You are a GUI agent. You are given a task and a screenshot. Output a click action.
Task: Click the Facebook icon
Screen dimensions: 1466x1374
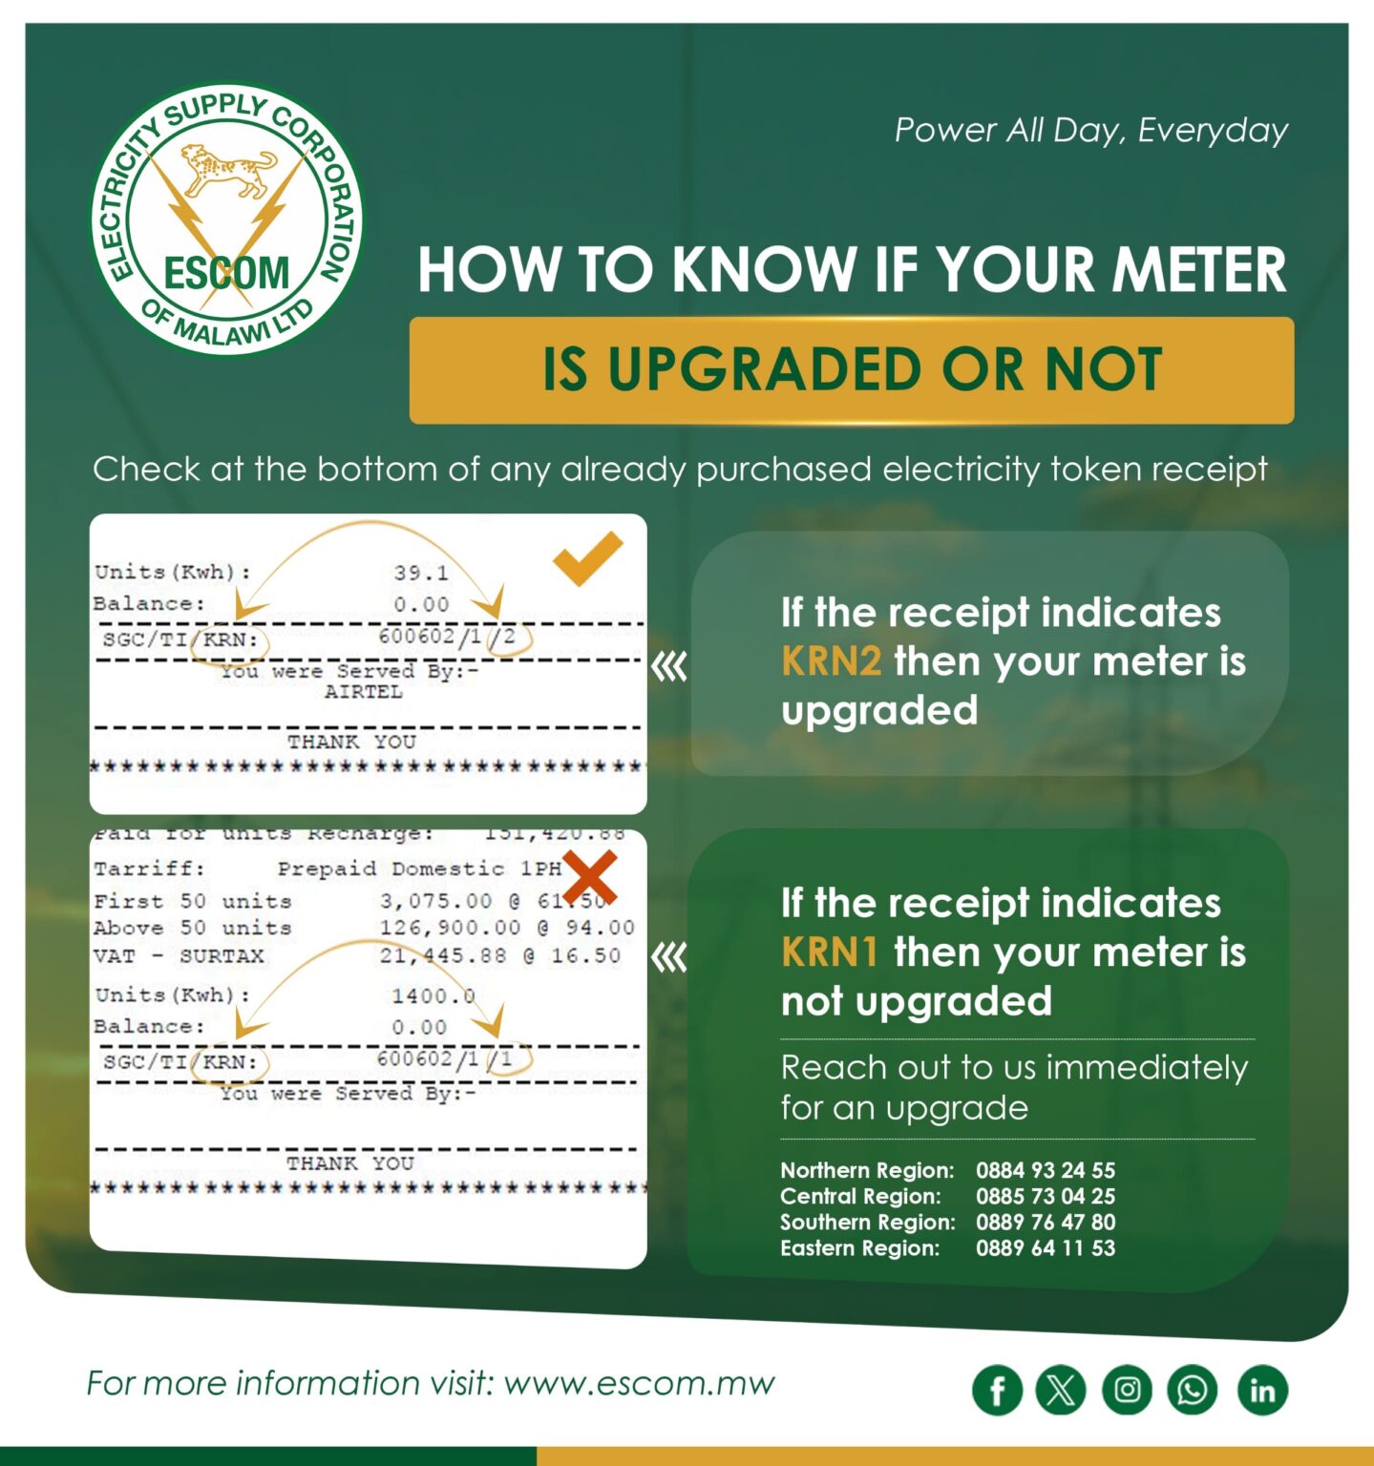tap(997, 1390)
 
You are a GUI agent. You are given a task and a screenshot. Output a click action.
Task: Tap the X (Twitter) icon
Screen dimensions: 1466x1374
tap(1061, 1390)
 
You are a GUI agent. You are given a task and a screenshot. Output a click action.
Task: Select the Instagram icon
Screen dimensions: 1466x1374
tap(1127, 1390)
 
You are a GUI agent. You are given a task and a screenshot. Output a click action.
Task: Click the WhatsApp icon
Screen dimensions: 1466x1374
tap(1192, 1390)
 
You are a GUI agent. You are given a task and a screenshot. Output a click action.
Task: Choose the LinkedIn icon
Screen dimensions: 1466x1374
tap(1262, 1390)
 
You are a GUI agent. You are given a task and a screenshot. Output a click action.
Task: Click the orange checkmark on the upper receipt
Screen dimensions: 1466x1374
tap(586, 557)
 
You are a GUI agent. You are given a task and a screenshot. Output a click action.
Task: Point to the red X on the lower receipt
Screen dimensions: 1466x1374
tap(589, 876)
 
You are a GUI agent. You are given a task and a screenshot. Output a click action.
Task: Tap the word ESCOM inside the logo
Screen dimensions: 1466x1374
tap(226, 273)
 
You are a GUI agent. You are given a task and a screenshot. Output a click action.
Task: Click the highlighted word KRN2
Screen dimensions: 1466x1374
tap(831, 660)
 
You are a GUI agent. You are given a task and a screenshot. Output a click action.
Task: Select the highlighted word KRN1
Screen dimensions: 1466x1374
tap(829, 952)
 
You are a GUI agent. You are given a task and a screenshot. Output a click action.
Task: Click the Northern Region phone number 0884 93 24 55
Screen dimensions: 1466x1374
tap(1045, 1170)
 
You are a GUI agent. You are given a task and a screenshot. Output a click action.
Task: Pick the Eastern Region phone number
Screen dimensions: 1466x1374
tap(1045, 1247)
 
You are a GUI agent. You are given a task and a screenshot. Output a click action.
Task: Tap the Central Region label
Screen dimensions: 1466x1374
tap(859, 1196)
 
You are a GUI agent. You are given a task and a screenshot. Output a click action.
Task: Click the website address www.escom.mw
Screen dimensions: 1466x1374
tap(639, 1383)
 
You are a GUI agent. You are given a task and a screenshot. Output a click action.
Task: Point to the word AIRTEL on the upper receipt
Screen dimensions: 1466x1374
tap(363, 692)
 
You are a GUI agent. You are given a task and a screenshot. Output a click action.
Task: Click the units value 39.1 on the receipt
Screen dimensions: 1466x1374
tap(421, 573)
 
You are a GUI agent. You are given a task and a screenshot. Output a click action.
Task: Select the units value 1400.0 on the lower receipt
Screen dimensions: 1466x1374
tap(433, 995)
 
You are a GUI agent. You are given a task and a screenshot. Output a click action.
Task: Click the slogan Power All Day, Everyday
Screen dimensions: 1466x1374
tap(1090, 130)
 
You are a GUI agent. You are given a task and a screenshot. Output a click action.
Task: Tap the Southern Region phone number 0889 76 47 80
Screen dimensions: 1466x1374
tap(1045, 1222)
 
